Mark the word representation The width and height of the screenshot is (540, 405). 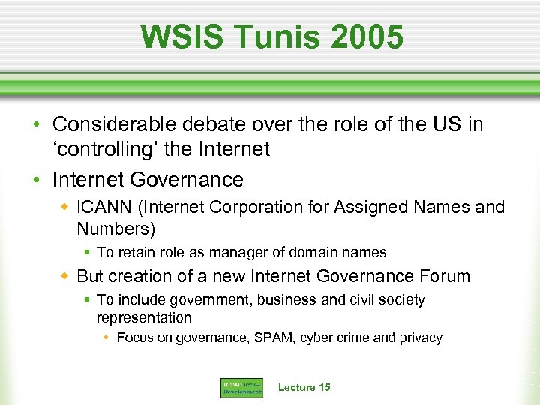pyautogui.click(x=144, y=317)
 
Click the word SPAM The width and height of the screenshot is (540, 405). pyautogui.click(x=277, y=338)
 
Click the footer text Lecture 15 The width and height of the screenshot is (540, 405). pyautogui.click(x=304, y=387)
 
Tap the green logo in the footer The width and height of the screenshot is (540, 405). pyautogui.click(x=241, y=388)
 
